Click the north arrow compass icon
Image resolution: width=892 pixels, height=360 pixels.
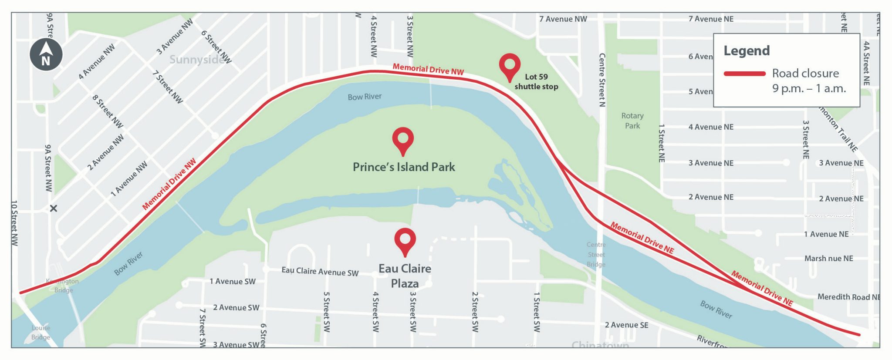(x=46, y=54)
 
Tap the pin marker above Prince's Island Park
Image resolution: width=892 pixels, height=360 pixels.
(x=403, y=139)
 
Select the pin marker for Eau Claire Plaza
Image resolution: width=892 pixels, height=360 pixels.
(x=405, y=240)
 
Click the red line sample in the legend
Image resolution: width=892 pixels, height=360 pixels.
(x=744, y=74)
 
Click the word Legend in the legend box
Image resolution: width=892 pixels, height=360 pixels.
(x=747, y=51)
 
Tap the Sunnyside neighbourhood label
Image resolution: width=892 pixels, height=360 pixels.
(x=197, y=60)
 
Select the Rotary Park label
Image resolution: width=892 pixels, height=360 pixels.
(x=632, y=121)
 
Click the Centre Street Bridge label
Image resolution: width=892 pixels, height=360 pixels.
(x=596, y=255)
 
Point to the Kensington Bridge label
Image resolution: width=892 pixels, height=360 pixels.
(x=63, y=286)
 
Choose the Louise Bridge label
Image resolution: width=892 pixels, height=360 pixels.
(x=41, y=333)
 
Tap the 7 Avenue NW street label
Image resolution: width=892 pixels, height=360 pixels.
(x=563, y=19)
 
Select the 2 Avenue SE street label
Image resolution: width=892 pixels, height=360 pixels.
(x=626, y=325)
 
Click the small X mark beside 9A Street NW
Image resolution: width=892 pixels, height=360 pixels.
(x=54, y=209)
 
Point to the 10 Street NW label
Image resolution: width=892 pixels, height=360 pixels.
(x=14, y=223)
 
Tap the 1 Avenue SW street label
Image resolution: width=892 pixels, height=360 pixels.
(x=233, y=282)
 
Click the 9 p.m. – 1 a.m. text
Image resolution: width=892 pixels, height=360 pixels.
(x=809, y=89)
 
